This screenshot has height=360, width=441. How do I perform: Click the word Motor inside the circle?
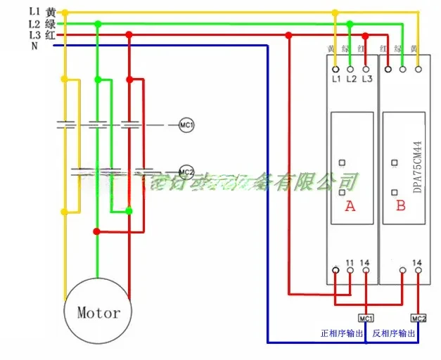[98, 312]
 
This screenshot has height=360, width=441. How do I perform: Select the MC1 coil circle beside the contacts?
[186, 125]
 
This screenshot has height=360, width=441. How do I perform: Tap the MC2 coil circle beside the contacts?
[186, 171]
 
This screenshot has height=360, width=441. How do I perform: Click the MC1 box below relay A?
[366, 317]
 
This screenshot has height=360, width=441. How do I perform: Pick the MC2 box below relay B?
[418, 317]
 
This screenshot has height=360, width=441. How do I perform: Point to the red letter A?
[350, 207]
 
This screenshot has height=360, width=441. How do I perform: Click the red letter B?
[401, 206]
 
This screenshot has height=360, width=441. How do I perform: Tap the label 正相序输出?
[341, 333]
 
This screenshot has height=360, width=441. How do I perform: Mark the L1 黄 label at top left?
[42, 12]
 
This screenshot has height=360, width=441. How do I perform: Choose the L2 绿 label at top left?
[42, 23]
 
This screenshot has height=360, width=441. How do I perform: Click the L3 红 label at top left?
[42, 34]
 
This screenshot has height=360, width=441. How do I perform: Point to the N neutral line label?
[34, 46]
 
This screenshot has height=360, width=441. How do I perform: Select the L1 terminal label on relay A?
[335, 79]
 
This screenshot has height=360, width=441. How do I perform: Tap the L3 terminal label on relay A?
[366, 79]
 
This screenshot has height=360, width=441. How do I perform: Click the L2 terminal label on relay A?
[351, 79]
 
